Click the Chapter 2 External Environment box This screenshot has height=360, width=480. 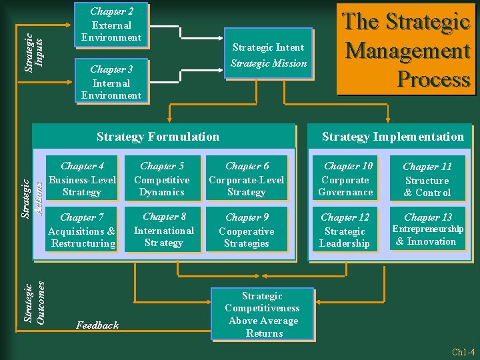(x=111, y=25)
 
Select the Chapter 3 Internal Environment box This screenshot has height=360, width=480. (x=111, y=82)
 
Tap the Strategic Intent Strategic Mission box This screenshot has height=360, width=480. (x=269, y=55)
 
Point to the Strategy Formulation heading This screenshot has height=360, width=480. (x=158, y=137)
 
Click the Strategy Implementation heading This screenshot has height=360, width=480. (x=393, y=137)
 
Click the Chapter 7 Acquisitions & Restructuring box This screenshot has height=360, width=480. (x=82, y=231)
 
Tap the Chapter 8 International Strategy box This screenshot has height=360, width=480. (x=164, y=230)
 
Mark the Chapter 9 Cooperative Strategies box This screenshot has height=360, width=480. (x=247, y=231)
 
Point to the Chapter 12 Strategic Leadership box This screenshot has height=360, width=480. (x=345, y=231)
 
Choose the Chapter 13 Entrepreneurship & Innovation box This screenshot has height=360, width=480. (x=427, y=230)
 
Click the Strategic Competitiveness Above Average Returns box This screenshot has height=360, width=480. (x=263, y=314)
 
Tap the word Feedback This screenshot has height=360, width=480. (x=97, y=325)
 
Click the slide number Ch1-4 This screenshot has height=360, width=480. (x=463, y=351)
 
